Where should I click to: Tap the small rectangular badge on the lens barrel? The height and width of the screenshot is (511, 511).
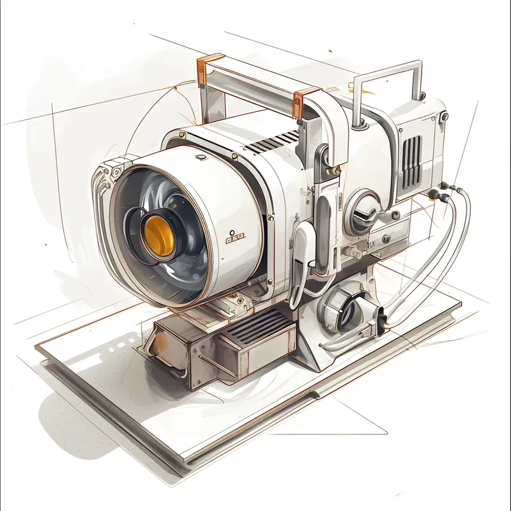pyautogui.click(x=236, y=238)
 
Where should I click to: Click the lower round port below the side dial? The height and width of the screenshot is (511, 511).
pyautogui.click(x=345, y=310)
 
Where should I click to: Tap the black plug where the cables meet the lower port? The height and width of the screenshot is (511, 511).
pyautogui.click(x=379, y=317)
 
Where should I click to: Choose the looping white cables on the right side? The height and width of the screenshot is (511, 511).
pyautogui.click(x=441, y=256)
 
